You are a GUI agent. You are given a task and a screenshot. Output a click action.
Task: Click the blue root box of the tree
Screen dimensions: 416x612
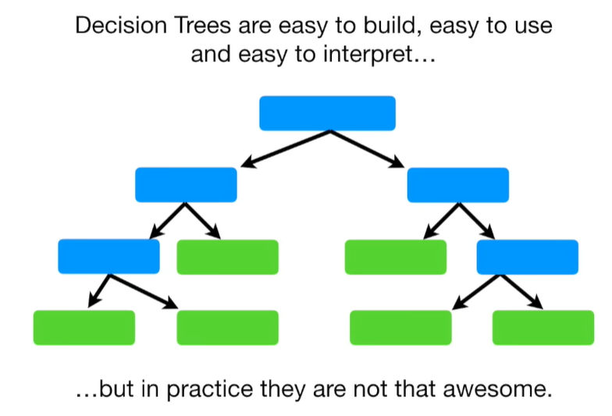327,113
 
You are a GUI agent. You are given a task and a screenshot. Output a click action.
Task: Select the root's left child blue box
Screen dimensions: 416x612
186,185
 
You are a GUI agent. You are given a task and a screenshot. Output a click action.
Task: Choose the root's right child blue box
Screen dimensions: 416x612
457,185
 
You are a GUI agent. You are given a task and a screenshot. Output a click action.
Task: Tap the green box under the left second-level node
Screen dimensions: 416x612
227,257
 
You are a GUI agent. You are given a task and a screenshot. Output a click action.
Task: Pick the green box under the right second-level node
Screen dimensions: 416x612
395,257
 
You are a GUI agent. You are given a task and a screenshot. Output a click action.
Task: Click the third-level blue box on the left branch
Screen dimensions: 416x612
109,257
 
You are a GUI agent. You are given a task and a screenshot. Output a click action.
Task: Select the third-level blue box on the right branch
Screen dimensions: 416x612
527,257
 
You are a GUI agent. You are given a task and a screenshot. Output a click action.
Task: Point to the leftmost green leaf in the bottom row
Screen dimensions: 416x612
84,328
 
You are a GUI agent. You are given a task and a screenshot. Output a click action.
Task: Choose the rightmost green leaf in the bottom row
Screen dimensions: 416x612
543,328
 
